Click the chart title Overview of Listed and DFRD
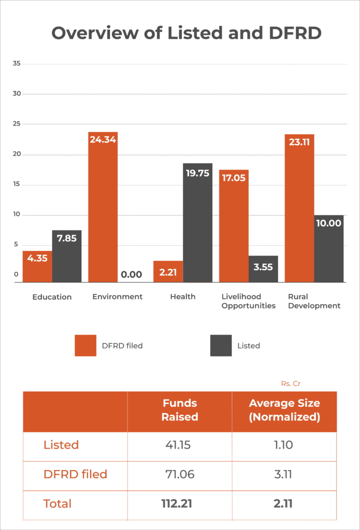coord(186,33)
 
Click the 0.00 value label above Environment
coord(132,275)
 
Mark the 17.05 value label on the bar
coord(234,178)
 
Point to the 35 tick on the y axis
coord(17,64)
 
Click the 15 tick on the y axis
coord(17,185)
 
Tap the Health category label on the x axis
coord(183,297)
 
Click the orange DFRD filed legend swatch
coord(85,345)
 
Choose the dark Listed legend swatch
coord(221,345)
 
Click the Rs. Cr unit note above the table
coord(291,384)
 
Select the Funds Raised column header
coord(180,410)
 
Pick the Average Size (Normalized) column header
coord(284,410)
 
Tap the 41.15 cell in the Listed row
coord(180,445)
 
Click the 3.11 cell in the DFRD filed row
coord(284,474)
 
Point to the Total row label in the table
coord(57,504)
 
